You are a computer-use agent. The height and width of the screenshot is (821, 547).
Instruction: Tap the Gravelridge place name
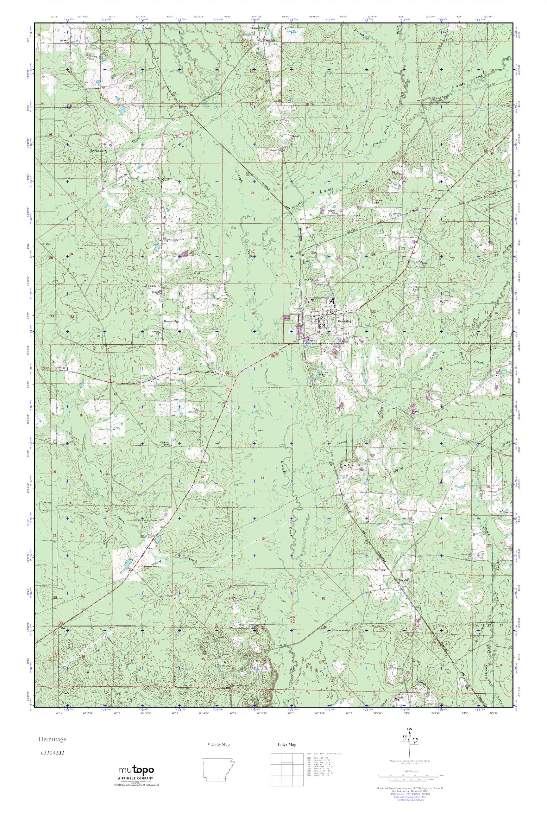pyautogui.click(x=171, y=320)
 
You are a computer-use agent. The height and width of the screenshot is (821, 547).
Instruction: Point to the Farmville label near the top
pyautogui.click(x=270, y=40)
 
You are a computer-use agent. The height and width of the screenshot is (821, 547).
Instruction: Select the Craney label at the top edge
pyautogui.click(x=149, y=28)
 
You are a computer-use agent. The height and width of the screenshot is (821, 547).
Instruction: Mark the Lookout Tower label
pyautogui.click(x=165, y=443)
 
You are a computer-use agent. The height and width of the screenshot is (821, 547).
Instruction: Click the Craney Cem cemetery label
pyautogui.click(x=94, y=57)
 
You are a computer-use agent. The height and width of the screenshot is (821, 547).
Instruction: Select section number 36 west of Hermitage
pyautogui.click(x=253, y=314)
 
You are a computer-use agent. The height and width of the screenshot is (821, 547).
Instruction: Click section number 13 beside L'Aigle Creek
pyautogui.click(x=262, y=478)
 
